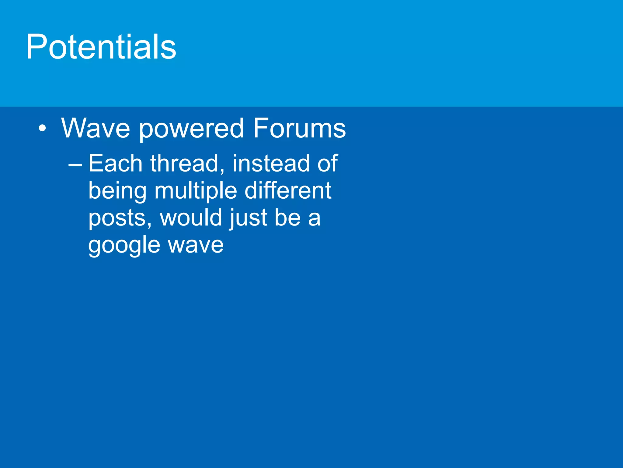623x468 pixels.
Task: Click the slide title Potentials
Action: [101, 47]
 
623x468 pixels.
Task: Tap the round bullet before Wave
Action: [43, 128]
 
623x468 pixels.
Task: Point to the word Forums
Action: [299, 128]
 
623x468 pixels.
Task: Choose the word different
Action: [288, 191]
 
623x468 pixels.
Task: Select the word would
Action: [191, 218]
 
